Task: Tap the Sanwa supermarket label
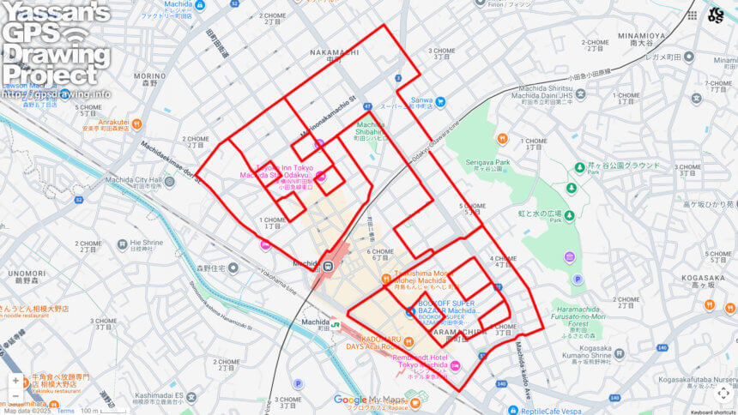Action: pyautogui.click(x=421, y=100)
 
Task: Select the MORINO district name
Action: pyautogui.click(x=149, y=75)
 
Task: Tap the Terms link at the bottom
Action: pyautogui.click(x=66, y=411)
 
